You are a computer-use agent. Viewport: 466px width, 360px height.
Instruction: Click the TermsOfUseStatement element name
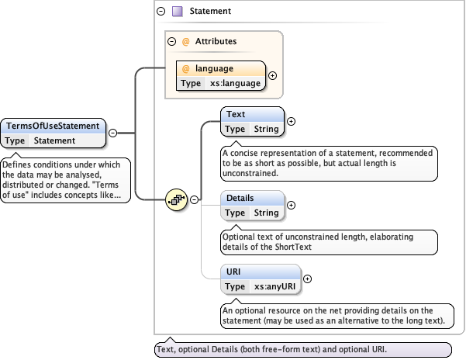(x=53, y=125)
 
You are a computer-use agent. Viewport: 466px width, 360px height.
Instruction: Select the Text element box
(x=253, y=121)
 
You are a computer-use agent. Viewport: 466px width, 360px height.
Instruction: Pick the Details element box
(x=253, y=205)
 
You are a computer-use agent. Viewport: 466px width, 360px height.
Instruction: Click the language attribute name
(x=214, y=68)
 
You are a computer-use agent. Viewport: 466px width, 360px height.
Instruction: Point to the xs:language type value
(x=236, y=83)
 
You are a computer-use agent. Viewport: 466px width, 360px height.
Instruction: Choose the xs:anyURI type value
(x=275, y=286)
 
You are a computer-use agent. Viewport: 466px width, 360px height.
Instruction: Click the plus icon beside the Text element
(x=292, y=121)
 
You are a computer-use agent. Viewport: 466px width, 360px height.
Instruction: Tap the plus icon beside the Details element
(x=292, y=205)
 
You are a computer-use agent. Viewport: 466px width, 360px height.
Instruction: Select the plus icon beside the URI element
(x=307, y=279)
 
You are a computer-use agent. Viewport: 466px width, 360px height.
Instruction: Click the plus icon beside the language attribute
(x=272, y=76)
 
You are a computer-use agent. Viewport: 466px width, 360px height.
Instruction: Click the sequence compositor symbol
(x=178, y=199)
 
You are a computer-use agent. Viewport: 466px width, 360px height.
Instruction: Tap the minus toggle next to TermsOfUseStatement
(x=112, y=133)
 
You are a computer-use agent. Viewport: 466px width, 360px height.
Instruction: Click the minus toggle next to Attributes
(x=171, y=41)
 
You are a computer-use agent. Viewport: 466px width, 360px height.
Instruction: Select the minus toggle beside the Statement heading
(x=161, y=12)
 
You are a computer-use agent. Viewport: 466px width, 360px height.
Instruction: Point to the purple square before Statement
(x=177, y=12)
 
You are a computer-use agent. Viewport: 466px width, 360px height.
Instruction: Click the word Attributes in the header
(x=216, y=41)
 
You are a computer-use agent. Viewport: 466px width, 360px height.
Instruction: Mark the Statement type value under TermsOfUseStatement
(x=54, y=140)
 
